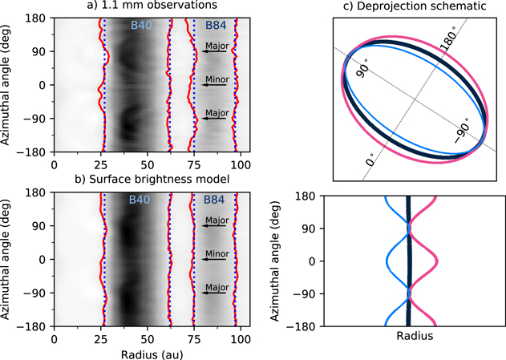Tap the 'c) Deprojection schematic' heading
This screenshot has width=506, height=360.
coord(416,6)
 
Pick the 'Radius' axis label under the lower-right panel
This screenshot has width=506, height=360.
coord(415,337)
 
